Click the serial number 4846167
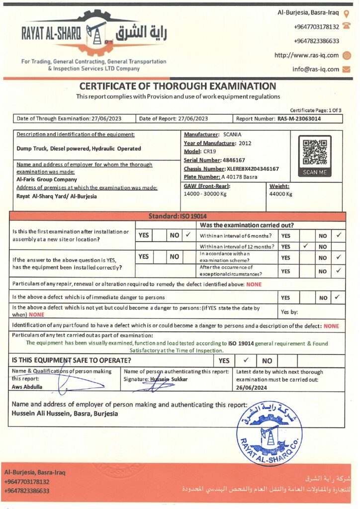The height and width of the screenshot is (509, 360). coord(234,160)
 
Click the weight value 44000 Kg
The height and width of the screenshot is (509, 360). coord(281,194)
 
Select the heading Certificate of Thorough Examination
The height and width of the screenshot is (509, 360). coord(178,86)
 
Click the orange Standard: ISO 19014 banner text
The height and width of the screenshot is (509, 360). coord(178,216)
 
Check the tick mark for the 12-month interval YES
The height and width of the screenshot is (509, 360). coord(305,246)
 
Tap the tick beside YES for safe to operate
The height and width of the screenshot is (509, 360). coord(246,360)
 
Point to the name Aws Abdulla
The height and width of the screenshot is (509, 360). coord(27,387)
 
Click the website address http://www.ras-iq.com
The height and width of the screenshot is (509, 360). coord(306,55)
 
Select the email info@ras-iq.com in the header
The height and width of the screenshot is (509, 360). coord(316,70)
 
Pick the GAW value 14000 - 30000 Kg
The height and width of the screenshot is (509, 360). coord(205,194)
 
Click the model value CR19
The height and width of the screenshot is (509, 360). coord(209,152)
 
